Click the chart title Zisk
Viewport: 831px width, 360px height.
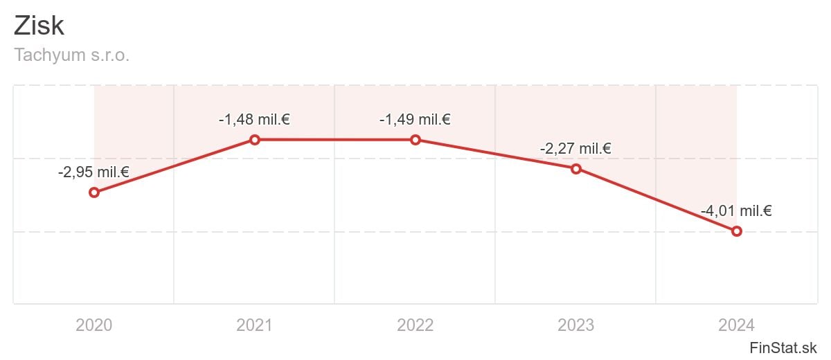(39, 26)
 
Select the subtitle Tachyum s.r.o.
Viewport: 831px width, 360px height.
(72, 55)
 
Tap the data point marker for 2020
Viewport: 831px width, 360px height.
(94, 192)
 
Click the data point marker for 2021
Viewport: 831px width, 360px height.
(255, 140)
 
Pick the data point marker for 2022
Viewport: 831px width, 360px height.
(415, 140)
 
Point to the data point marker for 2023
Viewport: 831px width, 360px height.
(575, 168)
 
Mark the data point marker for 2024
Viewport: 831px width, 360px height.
(737, 231)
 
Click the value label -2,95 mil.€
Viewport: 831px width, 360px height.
(93, 172)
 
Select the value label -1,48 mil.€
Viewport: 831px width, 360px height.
(254, 120)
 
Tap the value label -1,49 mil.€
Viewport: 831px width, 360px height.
(415, 120)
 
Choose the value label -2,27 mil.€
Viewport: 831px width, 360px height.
(575, 148)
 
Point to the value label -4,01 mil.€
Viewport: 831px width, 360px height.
(736, 211)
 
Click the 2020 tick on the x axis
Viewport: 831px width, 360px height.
(94, 325)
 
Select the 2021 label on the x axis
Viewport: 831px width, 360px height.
(255, 325)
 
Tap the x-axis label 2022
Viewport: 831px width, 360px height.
(415, 325)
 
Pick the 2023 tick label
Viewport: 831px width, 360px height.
(575, 325)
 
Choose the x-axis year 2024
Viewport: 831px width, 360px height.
(737, 325)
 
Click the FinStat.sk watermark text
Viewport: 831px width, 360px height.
(783, 347)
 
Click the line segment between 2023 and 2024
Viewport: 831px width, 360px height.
(656, 199)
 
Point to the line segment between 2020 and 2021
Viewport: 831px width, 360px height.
(175, 166)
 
